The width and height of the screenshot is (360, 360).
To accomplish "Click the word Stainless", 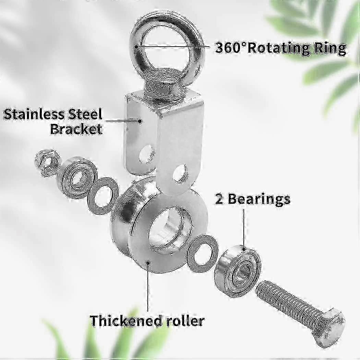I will click(34, 113).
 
